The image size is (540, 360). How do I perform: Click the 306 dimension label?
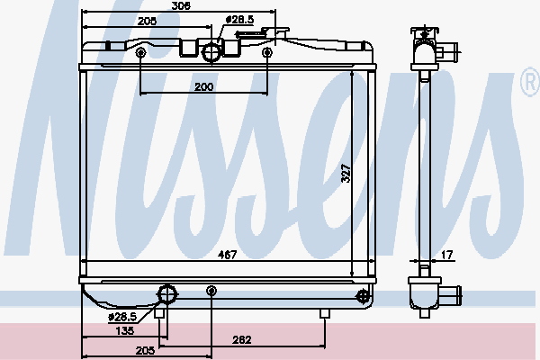181,6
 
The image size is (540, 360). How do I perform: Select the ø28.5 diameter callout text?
239,20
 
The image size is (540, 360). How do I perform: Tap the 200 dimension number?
204,86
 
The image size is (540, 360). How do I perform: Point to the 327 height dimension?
346,173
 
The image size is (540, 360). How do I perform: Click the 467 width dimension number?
228,255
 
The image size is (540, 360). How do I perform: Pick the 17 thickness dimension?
446,255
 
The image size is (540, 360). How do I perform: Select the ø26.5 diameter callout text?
122,317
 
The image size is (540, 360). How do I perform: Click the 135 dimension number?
125,330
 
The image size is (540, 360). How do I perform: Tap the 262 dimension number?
242,340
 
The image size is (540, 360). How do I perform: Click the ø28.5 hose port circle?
211,52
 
